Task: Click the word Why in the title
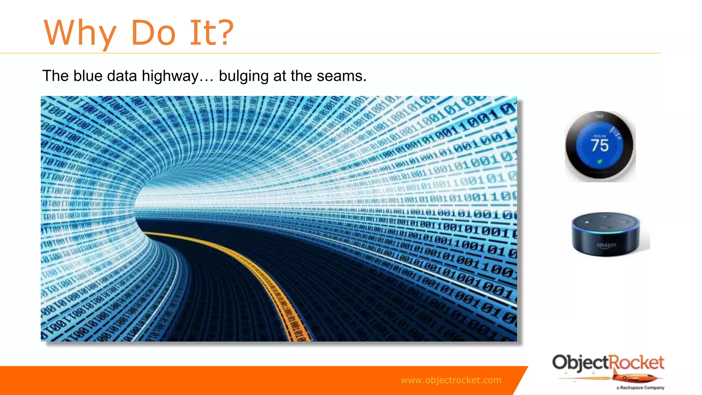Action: point(80,33)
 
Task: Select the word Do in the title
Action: point(153,33)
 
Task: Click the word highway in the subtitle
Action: point(170,76)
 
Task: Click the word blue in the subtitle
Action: point(88,76)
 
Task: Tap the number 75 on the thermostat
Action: point(600,145)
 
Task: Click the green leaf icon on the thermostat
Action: point(600,161)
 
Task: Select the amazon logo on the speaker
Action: point(606,245)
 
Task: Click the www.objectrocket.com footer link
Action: point(451,380)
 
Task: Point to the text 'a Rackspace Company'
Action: point(640,388)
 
